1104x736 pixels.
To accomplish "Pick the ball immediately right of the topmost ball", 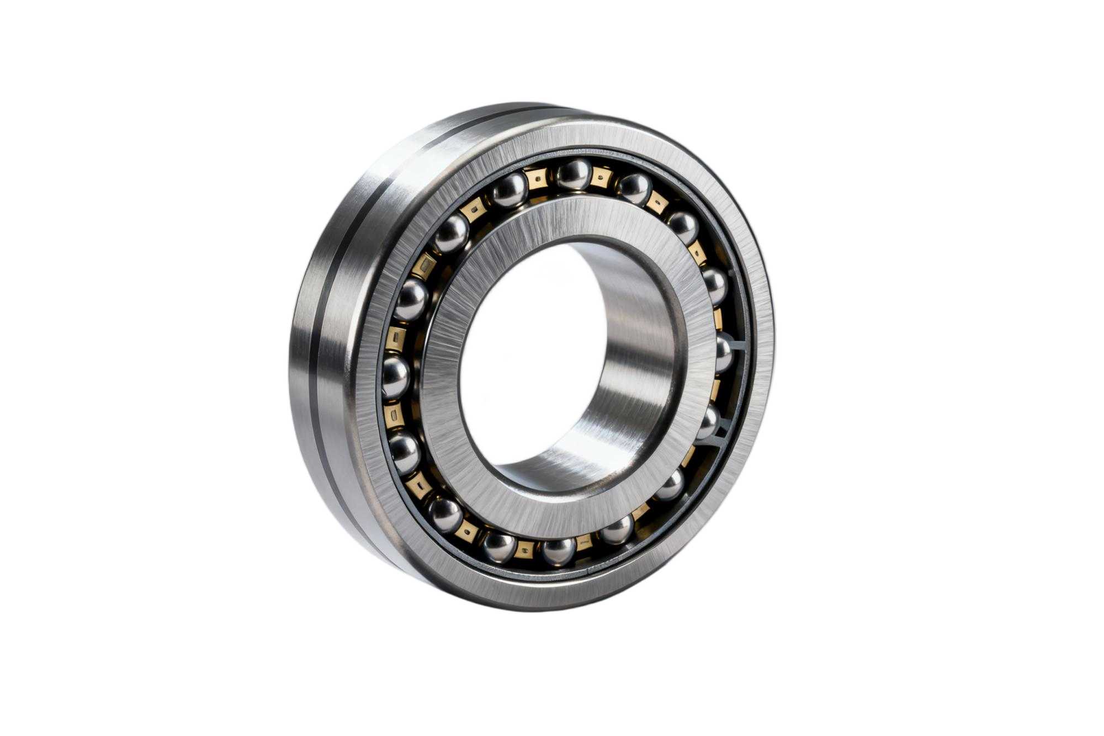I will pos(634,188).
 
